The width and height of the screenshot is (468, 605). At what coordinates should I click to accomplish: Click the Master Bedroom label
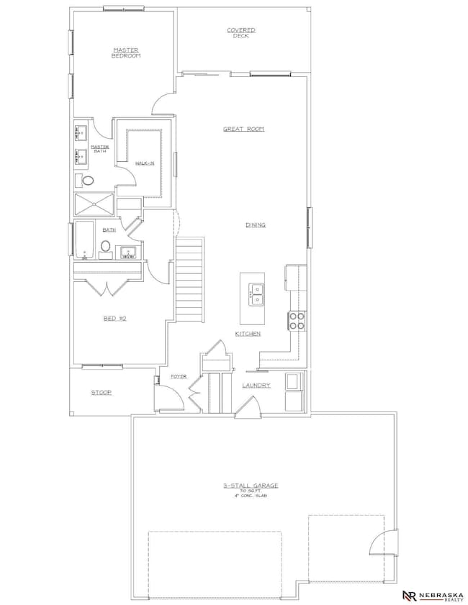click(125, 53)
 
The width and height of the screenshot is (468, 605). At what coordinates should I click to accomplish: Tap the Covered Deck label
click(241, 32)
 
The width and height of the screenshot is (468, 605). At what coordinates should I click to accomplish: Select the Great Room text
click(243, 129)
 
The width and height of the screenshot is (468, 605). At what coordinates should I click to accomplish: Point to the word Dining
click(255, 225)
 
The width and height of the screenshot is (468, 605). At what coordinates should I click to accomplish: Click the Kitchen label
click(247, 335)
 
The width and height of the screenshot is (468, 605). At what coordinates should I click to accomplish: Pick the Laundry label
click(256, 386)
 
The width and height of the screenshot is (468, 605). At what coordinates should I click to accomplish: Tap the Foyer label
click(179, 376)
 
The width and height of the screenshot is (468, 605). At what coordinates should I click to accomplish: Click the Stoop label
click(101, 392)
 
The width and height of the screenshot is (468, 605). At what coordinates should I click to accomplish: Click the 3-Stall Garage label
click(250, 486)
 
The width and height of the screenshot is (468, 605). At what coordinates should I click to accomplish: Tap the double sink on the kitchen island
click(256, 293)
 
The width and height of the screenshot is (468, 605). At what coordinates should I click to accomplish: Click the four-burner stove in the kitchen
click(297, 320)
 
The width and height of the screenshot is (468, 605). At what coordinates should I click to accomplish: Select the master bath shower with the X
click(94, 204)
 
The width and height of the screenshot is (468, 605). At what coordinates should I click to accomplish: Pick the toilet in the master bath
click(88, 181)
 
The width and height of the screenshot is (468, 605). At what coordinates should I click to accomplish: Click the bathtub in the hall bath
click(84, 240)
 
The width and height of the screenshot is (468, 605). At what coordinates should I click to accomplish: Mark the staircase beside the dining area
click(190, 281)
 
